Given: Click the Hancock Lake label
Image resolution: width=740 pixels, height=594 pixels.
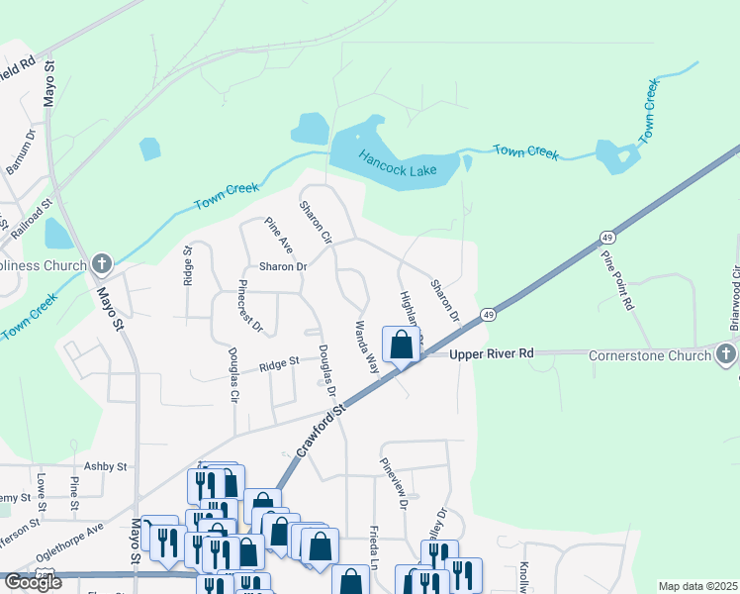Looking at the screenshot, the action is (x=398, y=164).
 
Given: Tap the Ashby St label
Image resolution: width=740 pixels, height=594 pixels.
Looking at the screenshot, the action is (x=106, y=466).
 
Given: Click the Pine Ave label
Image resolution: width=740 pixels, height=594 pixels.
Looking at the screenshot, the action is (x=279, y=235).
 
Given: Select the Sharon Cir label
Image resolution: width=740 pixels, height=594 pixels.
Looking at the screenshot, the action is (x=315, y=222).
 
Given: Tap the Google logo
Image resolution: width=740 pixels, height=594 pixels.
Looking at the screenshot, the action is (x=33, y=582).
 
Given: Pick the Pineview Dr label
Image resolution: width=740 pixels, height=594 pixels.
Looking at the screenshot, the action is (x=392, y=482).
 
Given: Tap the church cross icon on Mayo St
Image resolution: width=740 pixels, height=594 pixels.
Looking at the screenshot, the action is (x=100, y=264).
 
